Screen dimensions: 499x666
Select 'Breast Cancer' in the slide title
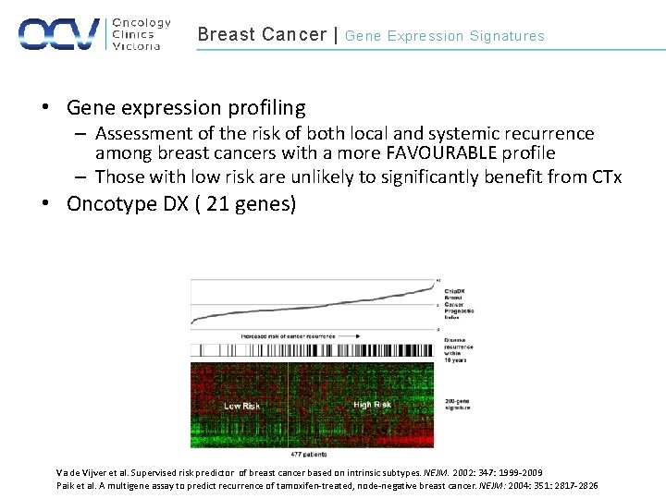pyautogui.click(x=262, y=35)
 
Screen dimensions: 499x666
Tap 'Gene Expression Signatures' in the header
pyautogui.click(x=445, y=36)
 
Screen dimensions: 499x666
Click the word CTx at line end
pyautogui.click(x=606, y=176)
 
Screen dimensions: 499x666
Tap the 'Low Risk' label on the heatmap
pyautogui.click(x=241, y=405)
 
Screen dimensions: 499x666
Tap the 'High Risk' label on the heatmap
pyautogui.click(x=372, y=404)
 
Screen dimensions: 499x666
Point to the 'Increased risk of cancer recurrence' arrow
pyautogui.click(x=295, y=335)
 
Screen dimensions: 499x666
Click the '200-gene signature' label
pyautogui.click(x=458, y=403)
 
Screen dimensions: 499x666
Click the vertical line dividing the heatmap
pyautogui.click(x=288, y=405)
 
